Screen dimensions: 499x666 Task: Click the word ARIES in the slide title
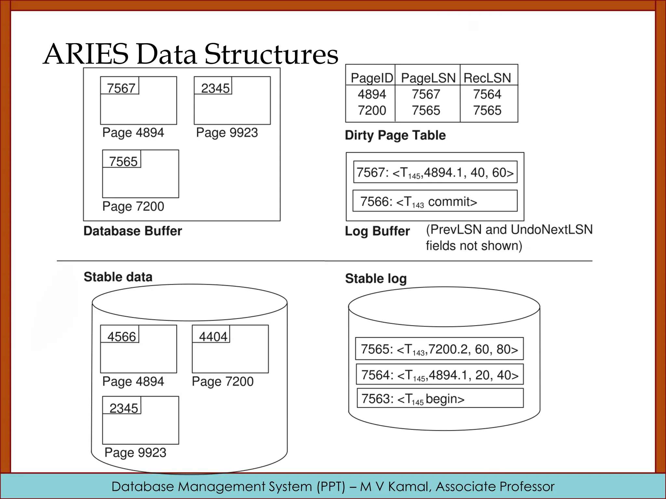pyautogui.click(x=86, y=54)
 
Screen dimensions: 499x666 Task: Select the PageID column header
pyautogui.click(x=372, y=78)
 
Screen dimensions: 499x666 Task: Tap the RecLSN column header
pyautogui.click(x=487, y=78)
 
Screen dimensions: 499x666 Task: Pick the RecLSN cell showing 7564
pyautogui.click(x=487, y=94)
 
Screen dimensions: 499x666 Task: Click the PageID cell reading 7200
pyautogui.click(x=372, y=110)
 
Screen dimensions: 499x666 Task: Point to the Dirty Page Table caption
pyautogui.click(x=395, y=135)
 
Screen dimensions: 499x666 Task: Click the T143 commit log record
pyautogui.click(x=435, y=201)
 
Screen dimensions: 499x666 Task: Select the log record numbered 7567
pyautogui.click(x=435, y=172)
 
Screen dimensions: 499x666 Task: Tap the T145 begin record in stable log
pyautogui.click(x=440, y=398)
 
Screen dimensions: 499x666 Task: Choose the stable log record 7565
pyautogui.click(x=439, y=349)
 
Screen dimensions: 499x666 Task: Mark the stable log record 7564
pyautogui.click(x=440, y=375)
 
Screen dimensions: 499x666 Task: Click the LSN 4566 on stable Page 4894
pyautogui.click(x=121, y=337)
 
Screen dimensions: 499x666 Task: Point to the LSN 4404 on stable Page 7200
pyautogui.click(x=213, y=337)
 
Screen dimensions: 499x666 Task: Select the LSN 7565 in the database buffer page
pyautogui.click(x=123, y=161)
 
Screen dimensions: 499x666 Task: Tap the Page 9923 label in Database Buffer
pyautogui.click(x=227, y=133)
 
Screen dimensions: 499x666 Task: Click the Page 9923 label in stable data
pyautogui.click(x=135, y=453)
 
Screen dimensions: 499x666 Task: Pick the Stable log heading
pyautogui.click(x=376, y=279)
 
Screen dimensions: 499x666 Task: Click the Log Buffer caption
pyautogui.click(x=377, y=231)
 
